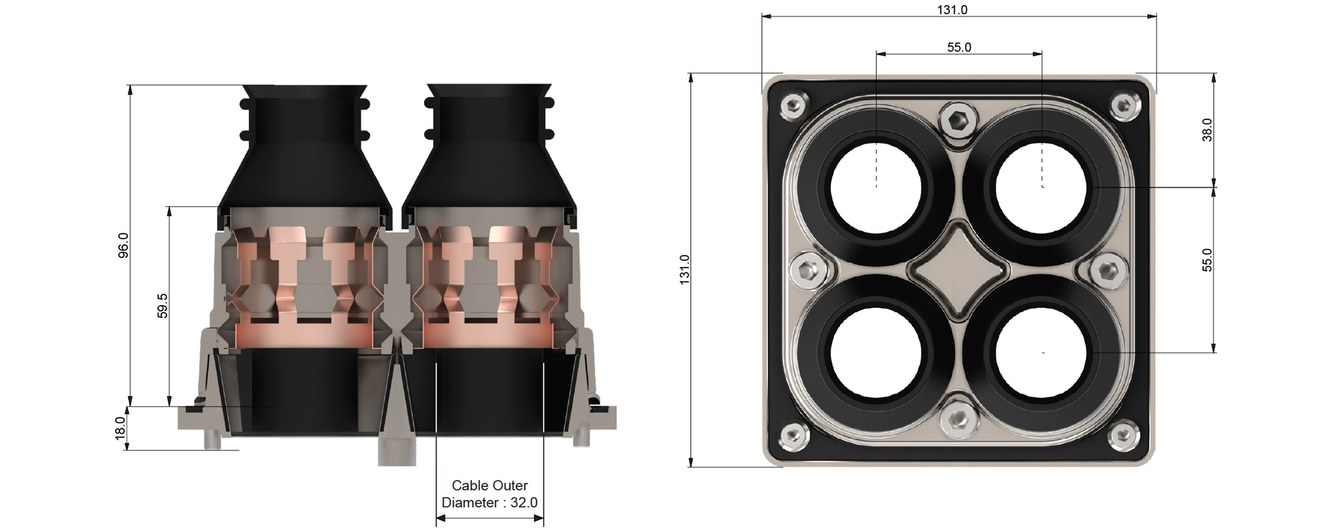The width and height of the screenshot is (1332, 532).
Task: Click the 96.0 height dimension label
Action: pyautogui.click(x=123, y=245)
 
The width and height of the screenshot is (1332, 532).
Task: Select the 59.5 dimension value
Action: pyautogui.click(x=163, y=305)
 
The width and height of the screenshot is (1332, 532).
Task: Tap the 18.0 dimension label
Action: pyautogui.click(x=120, y=428)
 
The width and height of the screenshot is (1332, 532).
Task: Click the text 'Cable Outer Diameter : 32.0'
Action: pyautogui.click(x=490, y=494)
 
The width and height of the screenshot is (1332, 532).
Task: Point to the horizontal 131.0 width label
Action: pyautogui.click(x=952, y=10)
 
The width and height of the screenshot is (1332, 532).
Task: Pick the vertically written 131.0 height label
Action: pyautogui.click(x=684, y=270)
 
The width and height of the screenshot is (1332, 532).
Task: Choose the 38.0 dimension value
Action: pyautogui.click(x=1206, y=129)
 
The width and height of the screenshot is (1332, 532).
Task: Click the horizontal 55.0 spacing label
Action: pyautogui.click(x=959, y=47)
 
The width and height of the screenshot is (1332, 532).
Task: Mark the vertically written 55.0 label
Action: pyautogui.click(x=1206, y=260)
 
